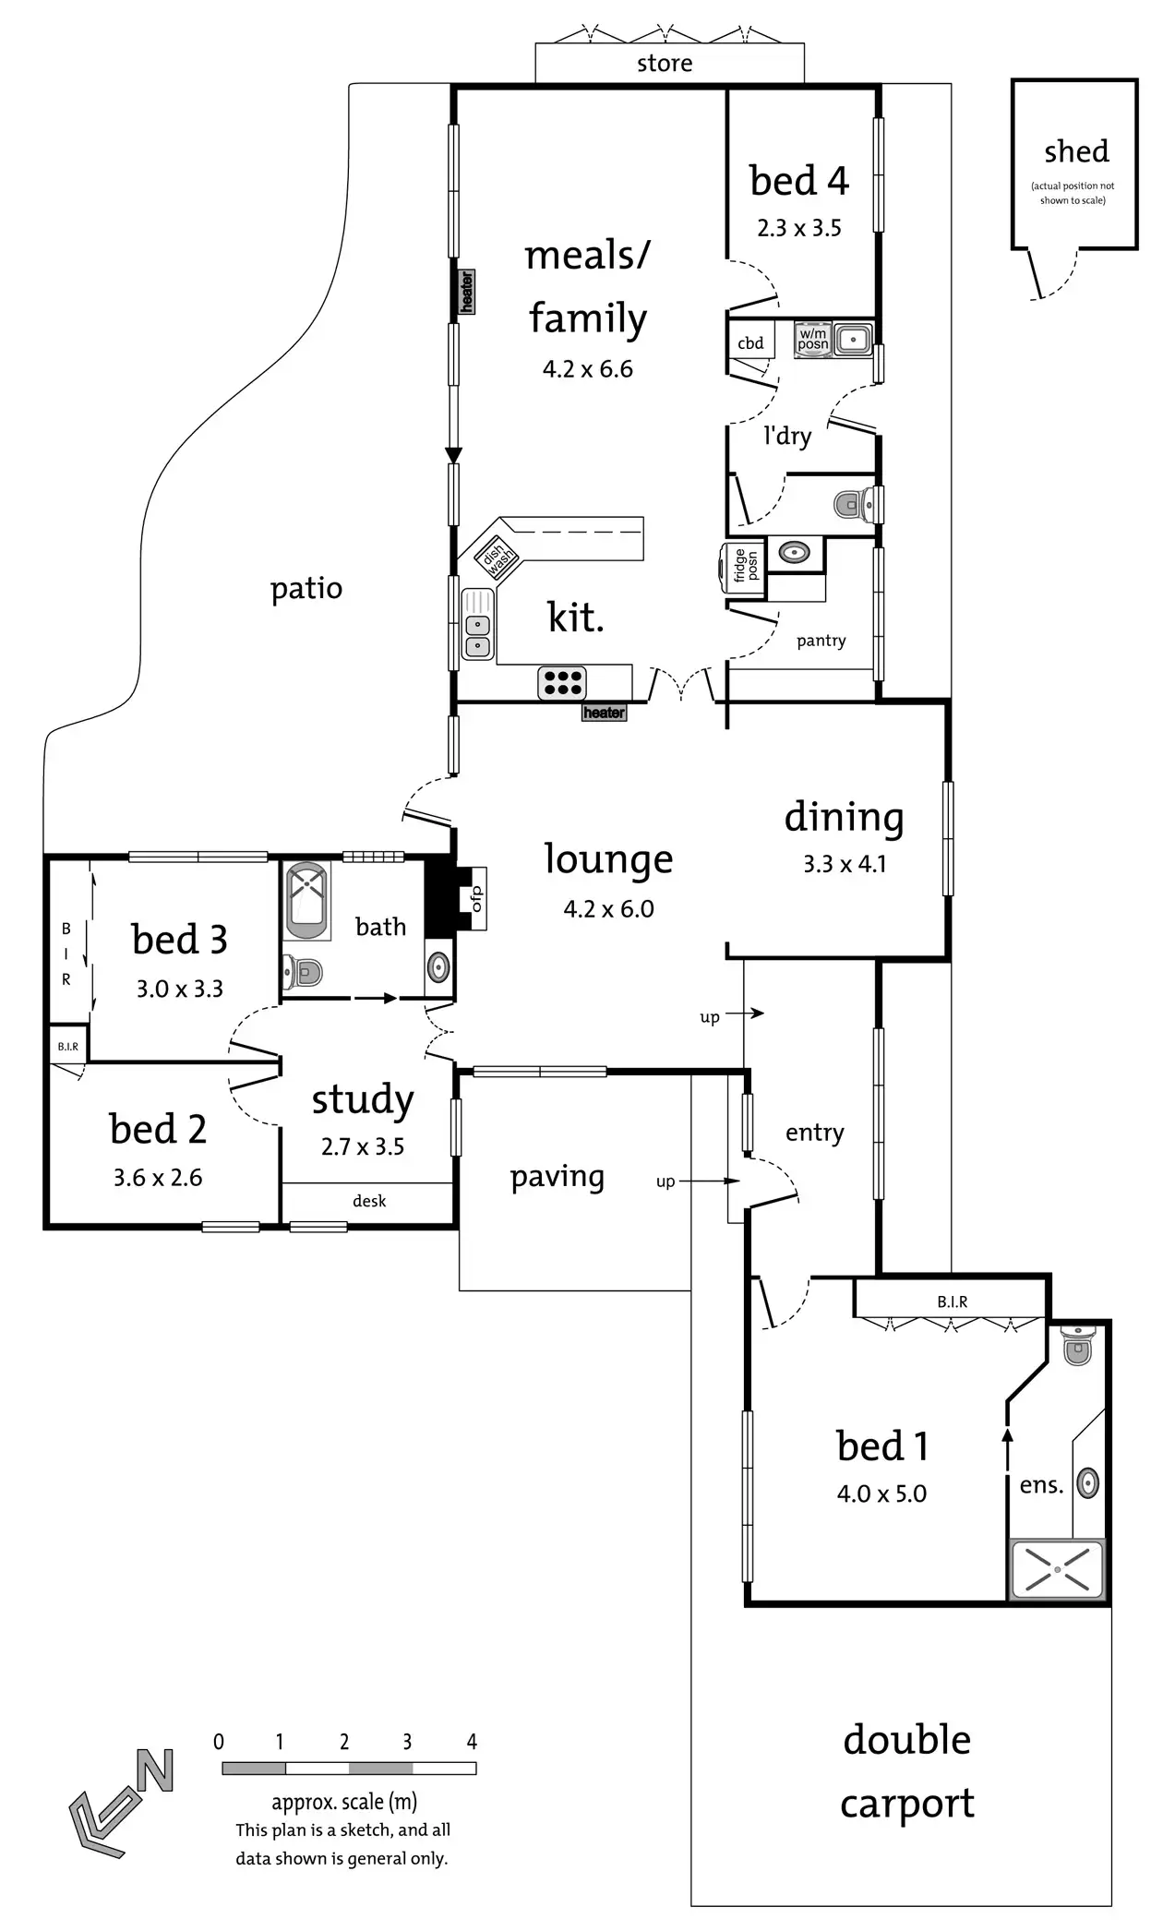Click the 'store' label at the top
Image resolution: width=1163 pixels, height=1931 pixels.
coord(665,64)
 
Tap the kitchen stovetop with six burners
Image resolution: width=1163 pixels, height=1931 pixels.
coord(562,683)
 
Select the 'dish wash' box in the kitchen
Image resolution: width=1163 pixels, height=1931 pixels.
coord(496,557)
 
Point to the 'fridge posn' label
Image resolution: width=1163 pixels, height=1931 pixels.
coord(745,565)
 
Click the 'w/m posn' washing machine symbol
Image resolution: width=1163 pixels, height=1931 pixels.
coord(813,339)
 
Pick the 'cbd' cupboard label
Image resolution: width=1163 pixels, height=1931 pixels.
coord(750,343)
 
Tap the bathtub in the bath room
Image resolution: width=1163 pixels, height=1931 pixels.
coord(308,901)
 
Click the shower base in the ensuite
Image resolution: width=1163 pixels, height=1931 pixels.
coord(1057,1568)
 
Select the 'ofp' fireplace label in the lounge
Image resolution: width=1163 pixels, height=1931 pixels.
coord(477,898)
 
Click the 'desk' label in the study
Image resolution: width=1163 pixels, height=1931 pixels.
coord(369,1201)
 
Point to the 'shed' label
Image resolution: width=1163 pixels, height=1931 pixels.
coord(1076,151)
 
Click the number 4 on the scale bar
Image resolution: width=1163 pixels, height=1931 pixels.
coord(472,1742)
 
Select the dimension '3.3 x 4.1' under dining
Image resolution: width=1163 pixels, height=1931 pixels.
coord(845,864)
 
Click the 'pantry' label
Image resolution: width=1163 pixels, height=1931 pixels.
coord(821,641)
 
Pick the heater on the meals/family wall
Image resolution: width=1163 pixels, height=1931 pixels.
coord(467,291)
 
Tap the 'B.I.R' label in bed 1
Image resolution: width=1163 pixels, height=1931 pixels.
coord(952,1301)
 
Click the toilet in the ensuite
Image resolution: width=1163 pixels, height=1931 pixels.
coord(1077,1347)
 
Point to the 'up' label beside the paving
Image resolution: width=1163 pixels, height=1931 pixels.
coord(665,1181)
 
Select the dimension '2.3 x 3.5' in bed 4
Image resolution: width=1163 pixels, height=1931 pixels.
coord(799,228)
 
